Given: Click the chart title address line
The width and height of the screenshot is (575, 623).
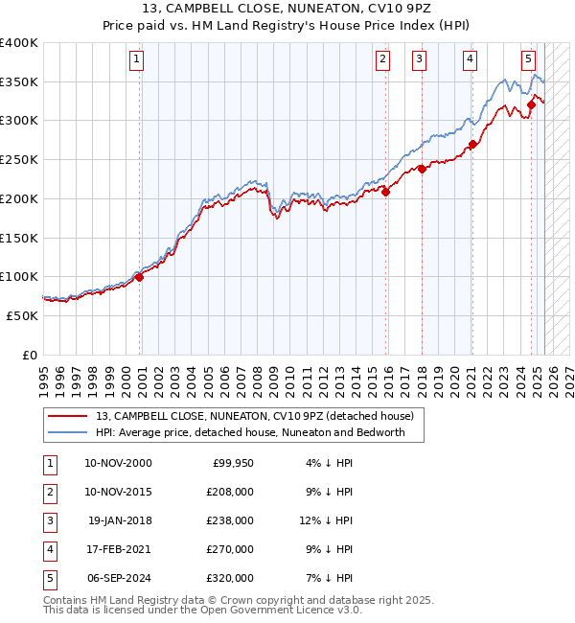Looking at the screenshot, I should pos(287,11).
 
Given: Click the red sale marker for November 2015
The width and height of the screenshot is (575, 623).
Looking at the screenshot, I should pos(386,192).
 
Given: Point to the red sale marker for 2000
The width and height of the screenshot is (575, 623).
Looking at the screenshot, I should pos(139,277).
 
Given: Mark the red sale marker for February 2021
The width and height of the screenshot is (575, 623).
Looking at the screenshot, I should pos(472,145).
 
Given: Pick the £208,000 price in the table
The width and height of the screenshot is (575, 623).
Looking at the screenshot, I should pos(230,491).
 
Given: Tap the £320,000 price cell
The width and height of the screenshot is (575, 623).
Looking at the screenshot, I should pos(230,577).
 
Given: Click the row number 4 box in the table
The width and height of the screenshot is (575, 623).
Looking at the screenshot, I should pos(49,548).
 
